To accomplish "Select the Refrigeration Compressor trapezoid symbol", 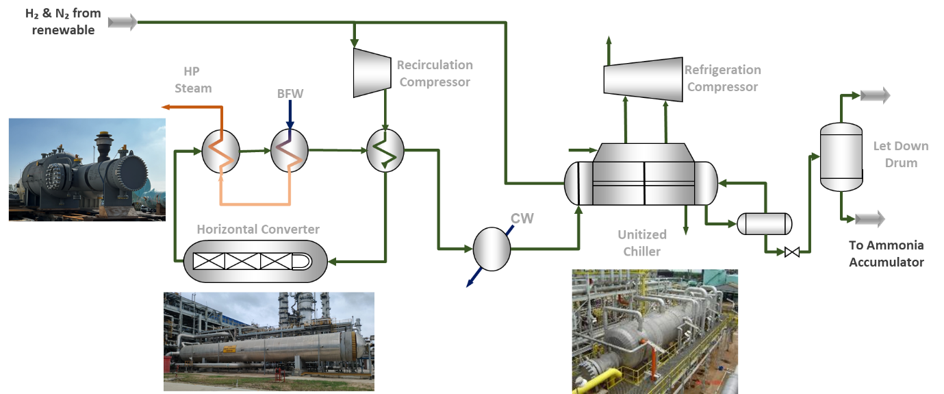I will coord(643,77).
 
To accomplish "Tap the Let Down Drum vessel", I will coord(841,157).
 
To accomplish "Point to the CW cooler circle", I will coord(492,248).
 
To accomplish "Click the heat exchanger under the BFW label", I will coord(289,151).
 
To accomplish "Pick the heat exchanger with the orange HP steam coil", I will coord(220,151).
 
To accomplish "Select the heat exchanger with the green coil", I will coord(385,151).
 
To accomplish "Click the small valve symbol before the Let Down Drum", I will coord(792,252).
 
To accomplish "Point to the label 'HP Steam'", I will coord(193,79).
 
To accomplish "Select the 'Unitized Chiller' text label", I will coord(642,243).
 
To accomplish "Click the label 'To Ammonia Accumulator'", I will coord(886,254).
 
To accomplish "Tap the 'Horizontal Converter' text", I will coord(258,229).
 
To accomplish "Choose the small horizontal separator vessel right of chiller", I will coord(764,223).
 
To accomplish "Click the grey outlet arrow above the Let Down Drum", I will coord(875,95).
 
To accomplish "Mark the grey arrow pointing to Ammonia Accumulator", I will coord(869,219).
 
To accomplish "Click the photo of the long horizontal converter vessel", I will coord(268,341).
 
